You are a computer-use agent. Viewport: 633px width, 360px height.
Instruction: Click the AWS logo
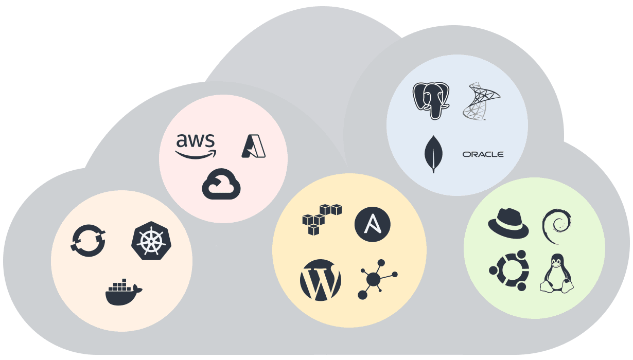tap(196, 146)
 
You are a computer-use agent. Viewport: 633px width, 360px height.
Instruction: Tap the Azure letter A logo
tap(253, 146)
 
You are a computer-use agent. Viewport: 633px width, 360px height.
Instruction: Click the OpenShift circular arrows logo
tap(88, 240)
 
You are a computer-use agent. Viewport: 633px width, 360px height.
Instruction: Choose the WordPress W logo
tap(320, 280)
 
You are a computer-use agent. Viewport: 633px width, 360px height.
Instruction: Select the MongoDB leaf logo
tap(433, 153)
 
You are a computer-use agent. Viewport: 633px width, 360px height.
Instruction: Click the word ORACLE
tap(483, 154)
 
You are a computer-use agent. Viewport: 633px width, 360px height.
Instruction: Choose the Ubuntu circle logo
tap(508, 271)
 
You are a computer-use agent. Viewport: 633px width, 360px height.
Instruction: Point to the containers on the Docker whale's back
tap(120, 284)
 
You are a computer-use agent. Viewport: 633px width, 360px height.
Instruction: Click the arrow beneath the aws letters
tap(196, 153)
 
